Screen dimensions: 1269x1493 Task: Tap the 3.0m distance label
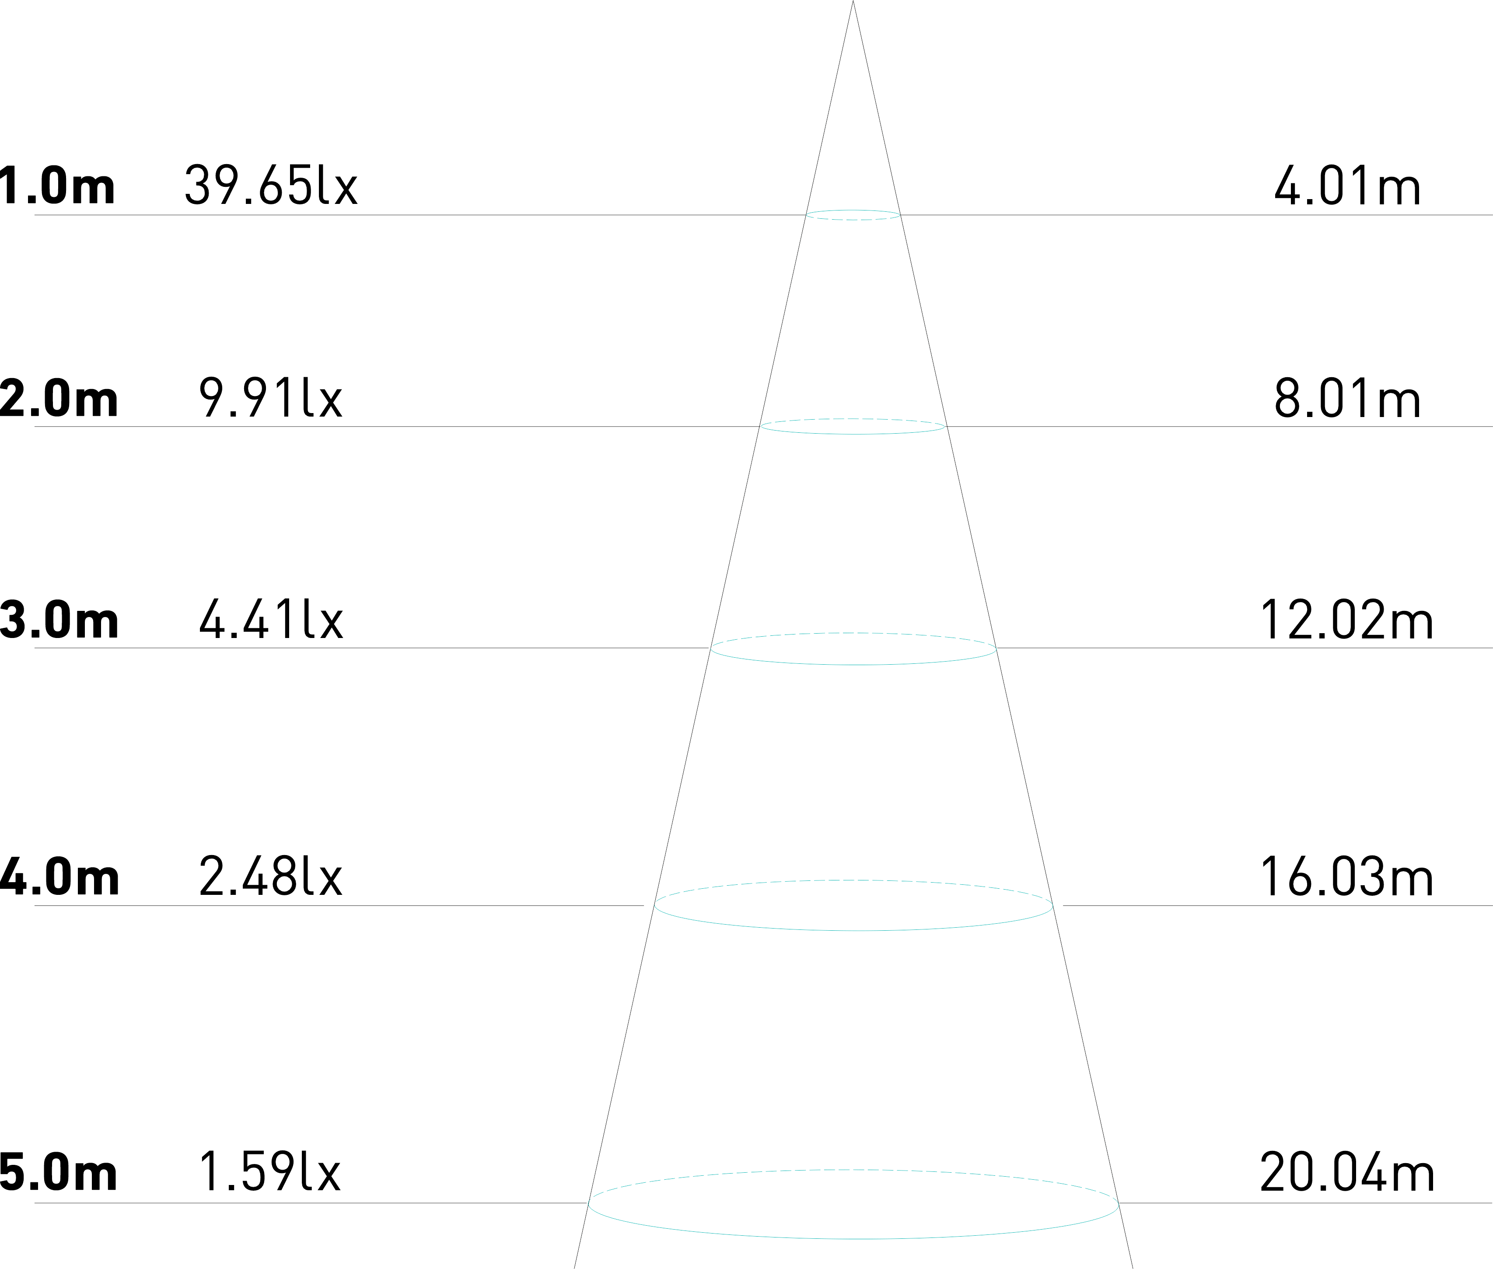tap(59, 620)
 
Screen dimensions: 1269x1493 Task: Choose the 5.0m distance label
tap(59, 1173)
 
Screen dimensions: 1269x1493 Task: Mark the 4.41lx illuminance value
tap(270, 620)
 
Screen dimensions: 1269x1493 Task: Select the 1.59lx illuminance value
tap(269, 1173)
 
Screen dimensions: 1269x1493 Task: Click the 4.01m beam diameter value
tap(1346, 186)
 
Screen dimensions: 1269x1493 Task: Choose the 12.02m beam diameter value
tap(1346, 620)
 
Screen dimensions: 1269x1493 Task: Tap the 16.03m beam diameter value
tap(1346, 878)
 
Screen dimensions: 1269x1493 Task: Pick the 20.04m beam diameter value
tap(1346, 1173)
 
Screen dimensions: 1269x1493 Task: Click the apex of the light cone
tap(853, 3)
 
